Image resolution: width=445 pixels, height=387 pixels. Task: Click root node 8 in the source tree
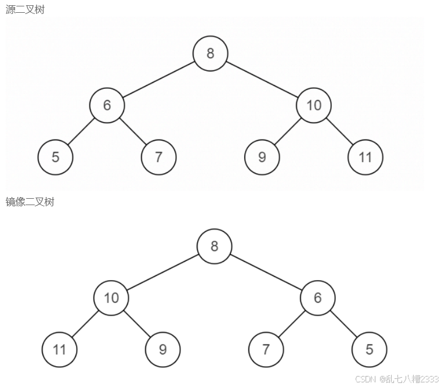click(x=210, y=53)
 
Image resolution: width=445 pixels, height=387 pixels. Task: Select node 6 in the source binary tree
click(x=107, y=105)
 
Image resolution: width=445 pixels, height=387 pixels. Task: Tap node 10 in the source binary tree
click(x=313, y=105)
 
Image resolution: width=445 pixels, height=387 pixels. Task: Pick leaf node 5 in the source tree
click(x=55, y=157)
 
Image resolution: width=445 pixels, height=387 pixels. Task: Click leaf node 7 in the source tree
click(x=158, y=157)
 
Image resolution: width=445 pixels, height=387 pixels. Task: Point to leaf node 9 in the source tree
click(x=262, y=157)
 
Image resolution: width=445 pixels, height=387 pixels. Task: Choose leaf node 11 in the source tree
click(x=366, y=157)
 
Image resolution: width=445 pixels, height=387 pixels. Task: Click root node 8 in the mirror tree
click(x=214, y=246)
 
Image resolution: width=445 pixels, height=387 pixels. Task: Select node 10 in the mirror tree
click(x=111, y=298)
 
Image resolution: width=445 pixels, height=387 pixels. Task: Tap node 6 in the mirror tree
click(x=317, y=298)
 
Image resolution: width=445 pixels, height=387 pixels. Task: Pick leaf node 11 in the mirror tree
click(x=59, y=349)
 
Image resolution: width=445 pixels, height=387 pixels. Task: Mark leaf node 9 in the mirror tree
click(x=162, y=349)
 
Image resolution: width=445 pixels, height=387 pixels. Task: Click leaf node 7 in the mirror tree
click(x=266, y=349)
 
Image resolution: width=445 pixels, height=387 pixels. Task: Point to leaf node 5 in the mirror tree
click(x=369, y=349)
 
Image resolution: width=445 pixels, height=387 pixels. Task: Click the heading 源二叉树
click(x=25, y=9)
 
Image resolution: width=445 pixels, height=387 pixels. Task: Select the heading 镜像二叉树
click(x=30, y=202)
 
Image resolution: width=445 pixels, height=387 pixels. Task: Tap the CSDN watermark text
click(x=397, y=379)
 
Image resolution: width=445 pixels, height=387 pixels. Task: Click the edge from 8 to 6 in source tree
click(x=158, y=79)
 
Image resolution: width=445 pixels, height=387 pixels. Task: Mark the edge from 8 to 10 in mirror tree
click(x=162, y=271)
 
